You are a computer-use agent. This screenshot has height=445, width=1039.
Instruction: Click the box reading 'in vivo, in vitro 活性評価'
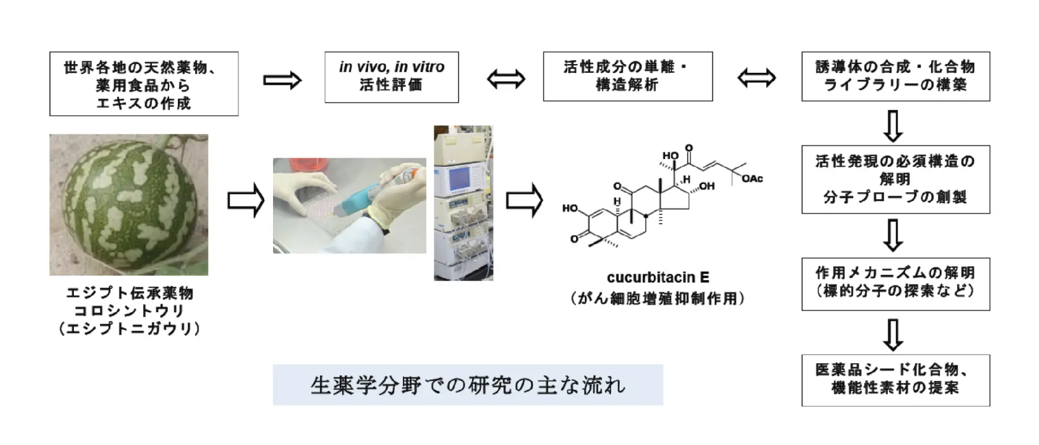(391, 77)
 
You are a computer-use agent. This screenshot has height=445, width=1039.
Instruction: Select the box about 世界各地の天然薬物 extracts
(144, 84)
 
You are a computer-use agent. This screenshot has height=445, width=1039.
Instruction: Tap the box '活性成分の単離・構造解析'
(627, 76)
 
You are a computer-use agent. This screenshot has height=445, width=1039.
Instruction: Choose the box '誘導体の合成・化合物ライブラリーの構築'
(895, 76)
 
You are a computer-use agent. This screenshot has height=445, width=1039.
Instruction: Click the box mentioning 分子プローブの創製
(895, 180)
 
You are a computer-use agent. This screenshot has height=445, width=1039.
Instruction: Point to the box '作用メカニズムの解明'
(895, 283)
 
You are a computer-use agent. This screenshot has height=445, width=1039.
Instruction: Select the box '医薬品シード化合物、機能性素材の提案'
(895, 380)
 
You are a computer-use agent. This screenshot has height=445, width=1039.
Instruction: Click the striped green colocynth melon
(129, 204)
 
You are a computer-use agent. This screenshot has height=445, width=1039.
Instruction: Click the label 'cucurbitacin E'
(657, 278)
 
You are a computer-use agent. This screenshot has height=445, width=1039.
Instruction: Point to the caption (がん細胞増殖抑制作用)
(657, 298)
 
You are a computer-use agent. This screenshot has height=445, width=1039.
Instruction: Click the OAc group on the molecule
(752, 179)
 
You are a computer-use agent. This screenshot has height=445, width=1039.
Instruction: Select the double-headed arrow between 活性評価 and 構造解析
(506, 79)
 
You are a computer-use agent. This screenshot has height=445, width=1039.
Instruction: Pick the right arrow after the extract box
(282, 80)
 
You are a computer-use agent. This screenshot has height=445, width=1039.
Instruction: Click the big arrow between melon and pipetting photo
(245, 201)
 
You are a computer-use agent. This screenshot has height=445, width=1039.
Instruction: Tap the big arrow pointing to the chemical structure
(524, 201)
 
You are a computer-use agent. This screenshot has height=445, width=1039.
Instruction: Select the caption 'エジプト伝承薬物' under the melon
(129, 293)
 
